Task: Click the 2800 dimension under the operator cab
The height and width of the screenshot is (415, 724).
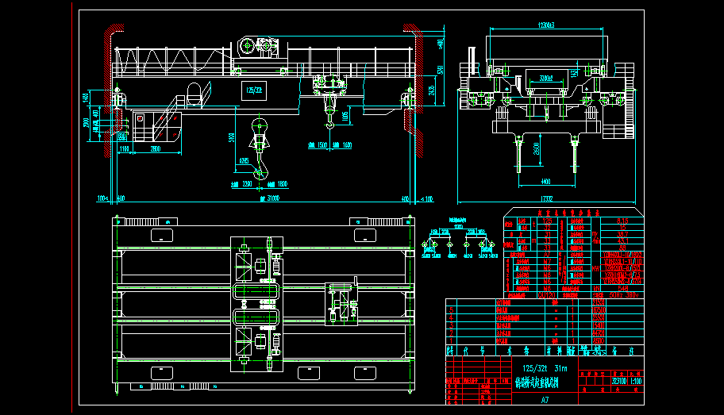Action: tap(156, 149)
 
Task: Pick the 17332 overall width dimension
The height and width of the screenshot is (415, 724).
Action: tap(546, 198)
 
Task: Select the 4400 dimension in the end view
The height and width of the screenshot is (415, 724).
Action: tap(546, 181)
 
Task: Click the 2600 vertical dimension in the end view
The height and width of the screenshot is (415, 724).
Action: tap(537, 148)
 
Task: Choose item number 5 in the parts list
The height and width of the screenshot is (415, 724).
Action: tap(452, 310)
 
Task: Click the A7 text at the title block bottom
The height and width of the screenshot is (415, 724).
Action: tap(545, 401)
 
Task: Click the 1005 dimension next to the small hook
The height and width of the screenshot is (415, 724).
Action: tap(345, 117)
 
